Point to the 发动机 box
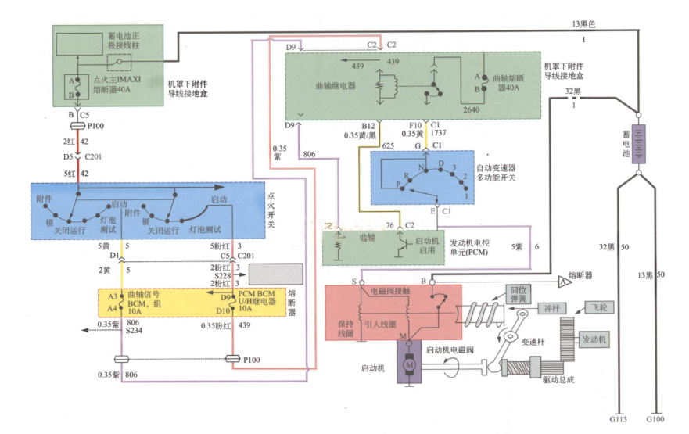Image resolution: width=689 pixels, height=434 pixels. [597, 339]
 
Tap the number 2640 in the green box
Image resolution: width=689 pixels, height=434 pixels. [472, 110]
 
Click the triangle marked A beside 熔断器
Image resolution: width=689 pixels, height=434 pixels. [563, 280]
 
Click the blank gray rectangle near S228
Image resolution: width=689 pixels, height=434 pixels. [275, 274]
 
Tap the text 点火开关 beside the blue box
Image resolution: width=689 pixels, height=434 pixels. [271, 211]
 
